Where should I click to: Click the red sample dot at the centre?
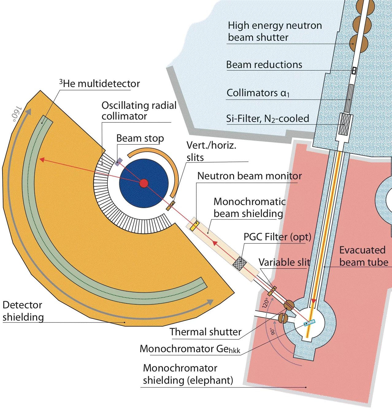tap(144, 183)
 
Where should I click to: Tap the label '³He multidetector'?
tap(99, 84)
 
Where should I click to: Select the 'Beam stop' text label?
tap(140, 138)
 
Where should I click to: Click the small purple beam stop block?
tap(118, 162)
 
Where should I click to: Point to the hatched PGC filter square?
tap(240, 263)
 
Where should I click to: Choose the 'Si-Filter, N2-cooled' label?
tap(267, 119)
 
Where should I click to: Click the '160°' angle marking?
tap(16, 114)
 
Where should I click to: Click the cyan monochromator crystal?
tap(309, 323)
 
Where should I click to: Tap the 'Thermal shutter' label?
tap(206, 332)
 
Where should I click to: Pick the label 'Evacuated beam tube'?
tap(363, 256)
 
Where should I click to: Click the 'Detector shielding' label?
tap(23, 311)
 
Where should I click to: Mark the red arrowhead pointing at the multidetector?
tap(42, 160)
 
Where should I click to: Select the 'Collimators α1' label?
tap(258, 93)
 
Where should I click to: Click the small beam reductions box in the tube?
tap(354, 71)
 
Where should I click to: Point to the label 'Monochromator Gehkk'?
tap(190, 349)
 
